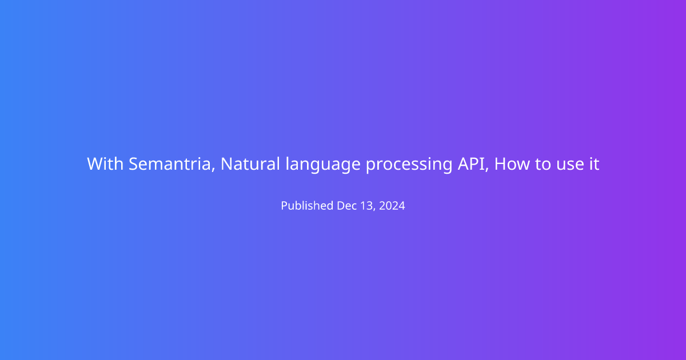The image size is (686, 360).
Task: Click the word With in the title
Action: coord(105,164)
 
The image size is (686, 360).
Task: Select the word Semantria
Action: coord(170,164)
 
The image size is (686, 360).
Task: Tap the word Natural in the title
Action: coord(250,164)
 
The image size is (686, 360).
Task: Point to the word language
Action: coord(323,165)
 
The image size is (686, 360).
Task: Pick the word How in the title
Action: coord(512,164)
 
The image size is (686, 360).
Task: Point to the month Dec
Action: coord(347,206)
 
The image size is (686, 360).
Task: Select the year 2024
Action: coord(392,206)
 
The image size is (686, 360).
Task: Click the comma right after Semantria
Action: coord(213,170)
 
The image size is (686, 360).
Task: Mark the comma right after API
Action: coord(487,170)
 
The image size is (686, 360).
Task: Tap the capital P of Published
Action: coord(285,206)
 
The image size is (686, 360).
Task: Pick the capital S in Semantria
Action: coord(134,164)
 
